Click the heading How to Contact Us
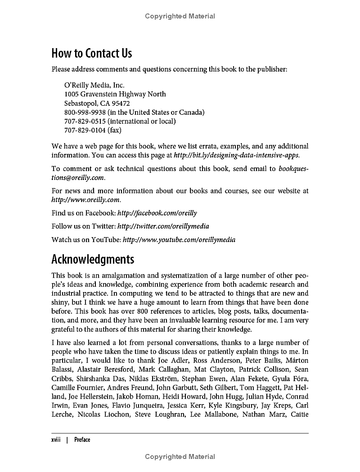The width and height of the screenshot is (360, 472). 92,54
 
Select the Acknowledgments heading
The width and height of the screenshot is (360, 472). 93,260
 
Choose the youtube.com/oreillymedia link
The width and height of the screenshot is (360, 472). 179,240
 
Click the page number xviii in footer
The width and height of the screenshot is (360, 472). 56,440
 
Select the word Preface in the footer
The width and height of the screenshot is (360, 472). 82,440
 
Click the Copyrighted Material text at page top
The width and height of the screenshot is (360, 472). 180,16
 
